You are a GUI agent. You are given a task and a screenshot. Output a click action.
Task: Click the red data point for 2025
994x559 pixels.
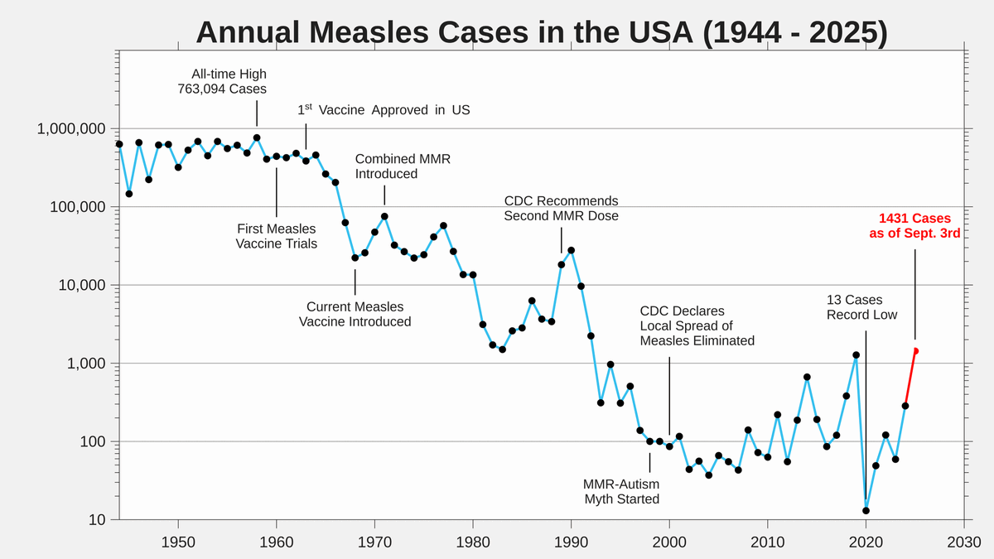pos(915,351)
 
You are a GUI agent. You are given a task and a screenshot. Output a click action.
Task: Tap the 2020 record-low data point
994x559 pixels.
pos(866,510)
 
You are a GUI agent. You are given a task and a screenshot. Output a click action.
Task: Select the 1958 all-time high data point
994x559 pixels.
pos(257,137)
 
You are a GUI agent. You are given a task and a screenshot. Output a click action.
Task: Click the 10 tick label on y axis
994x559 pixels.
pos(97,520)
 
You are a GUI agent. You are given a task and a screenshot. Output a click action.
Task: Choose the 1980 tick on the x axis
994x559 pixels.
pos(473,542)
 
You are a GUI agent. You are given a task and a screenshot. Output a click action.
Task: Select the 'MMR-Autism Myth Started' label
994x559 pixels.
pos(621,491)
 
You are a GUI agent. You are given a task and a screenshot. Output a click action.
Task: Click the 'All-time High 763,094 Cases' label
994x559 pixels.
pos(222,81)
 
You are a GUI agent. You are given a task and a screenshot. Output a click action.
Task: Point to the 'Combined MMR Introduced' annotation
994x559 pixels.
pos(403,166)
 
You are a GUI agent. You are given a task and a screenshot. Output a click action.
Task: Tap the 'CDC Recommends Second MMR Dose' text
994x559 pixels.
pos(561,209)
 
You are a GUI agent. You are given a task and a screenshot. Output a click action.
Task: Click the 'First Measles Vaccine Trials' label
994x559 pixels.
pos(276,236)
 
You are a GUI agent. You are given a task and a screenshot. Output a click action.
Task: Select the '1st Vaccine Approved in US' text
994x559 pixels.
pos(384,110)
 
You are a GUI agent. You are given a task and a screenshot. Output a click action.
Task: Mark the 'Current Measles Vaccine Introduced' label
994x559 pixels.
pos(355,314)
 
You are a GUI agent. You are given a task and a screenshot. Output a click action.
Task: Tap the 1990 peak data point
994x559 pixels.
pos(571,250)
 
